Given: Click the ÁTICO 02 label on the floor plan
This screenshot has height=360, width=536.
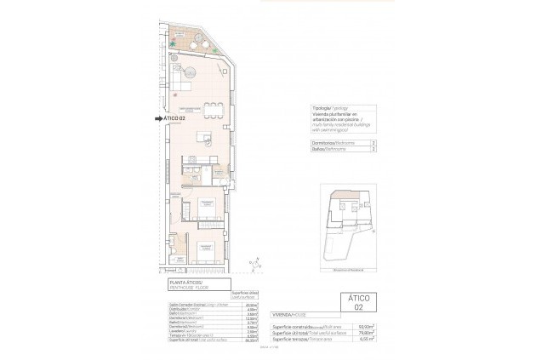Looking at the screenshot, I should click(x=175, y=118).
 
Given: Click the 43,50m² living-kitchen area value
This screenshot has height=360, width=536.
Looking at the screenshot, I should click(x=251, y=305).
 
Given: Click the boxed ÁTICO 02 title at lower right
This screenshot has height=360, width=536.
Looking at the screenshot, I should click(x=358, y=303).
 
